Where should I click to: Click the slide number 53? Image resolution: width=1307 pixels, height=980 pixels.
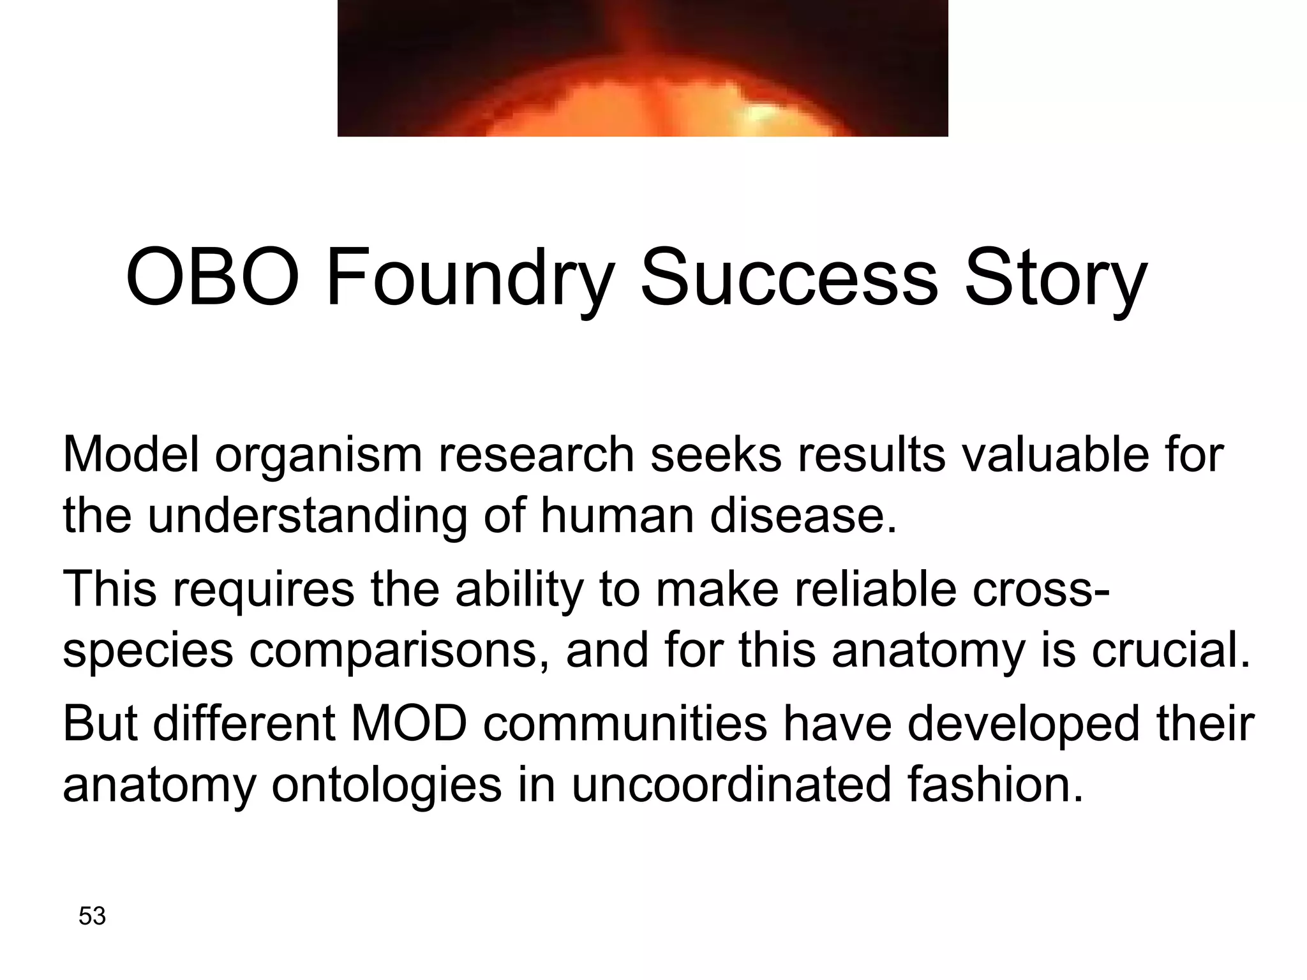coord(92,916)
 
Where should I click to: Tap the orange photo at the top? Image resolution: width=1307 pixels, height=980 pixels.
coord(642,68)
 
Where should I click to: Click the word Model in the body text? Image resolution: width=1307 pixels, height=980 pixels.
coord(131,454)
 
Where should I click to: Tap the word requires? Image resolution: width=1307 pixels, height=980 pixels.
coord(263,589)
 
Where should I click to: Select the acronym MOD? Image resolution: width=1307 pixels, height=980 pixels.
coord(408,724)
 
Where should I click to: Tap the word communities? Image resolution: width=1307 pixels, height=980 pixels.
coord(625,724)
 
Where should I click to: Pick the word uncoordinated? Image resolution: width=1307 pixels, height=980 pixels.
coord(731,784)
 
